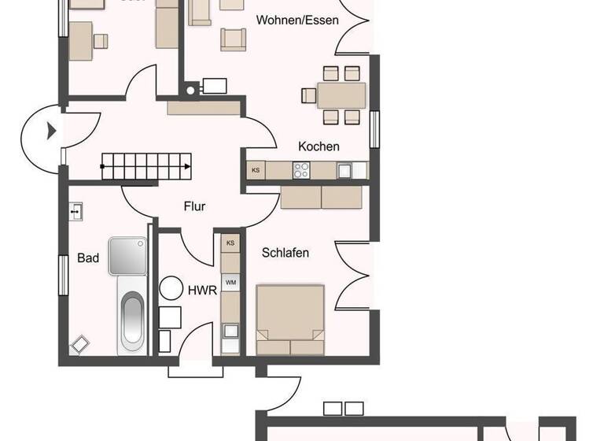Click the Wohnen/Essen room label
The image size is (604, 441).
297,20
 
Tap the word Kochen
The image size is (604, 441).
319,146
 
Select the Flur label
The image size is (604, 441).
194,206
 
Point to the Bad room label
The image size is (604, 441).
88,258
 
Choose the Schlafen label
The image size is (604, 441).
285,253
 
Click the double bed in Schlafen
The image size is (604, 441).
290,320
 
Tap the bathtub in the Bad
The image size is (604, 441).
131,322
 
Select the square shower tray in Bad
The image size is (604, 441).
128,256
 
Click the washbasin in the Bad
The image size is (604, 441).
75,211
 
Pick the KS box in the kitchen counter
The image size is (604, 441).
255,170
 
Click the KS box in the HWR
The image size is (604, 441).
230,243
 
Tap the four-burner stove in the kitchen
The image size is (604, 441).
301,169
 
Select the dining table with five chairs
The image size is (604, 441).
341,95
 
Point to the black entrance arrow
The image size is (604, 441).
52,132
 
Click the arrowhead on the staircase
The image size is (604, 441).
187,167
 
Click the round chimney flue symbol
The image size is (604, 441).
190,89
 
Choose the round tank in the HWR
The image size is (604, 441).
171,288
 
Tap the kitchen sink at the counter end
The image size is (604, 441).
344,169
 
